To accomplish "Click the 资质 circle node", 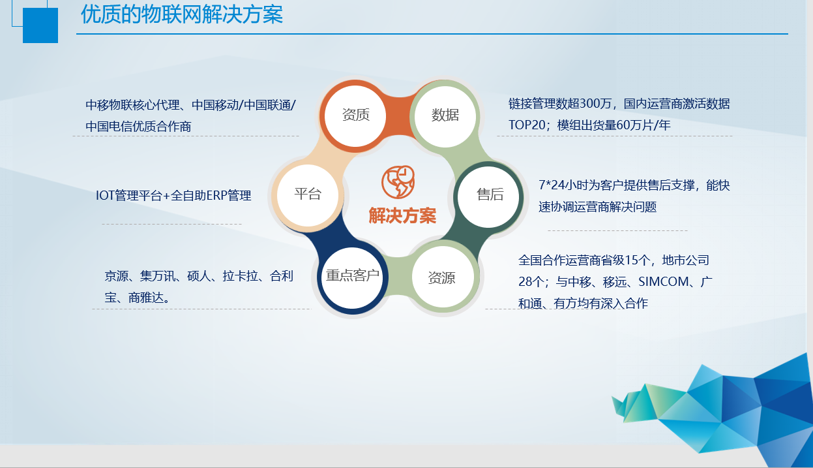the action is [355, 116].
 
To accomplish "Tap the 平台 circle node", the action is [308, 195].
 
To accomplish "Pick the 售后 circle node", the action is [488, 197].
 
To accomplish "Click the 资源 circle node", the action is [443, 277].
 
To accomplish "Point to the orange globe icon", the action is [398, 182].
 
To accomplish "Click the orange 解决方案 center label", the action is [402, 215].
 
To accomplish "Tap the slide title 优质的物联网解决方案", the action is [181, 14].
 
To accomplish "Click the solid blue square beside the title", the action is [40, 25].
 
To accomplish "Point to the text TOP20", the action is [527, 125].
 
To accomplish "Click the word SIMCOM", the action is [664, 281].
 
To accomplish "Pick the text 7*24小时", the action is [565, 185].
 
